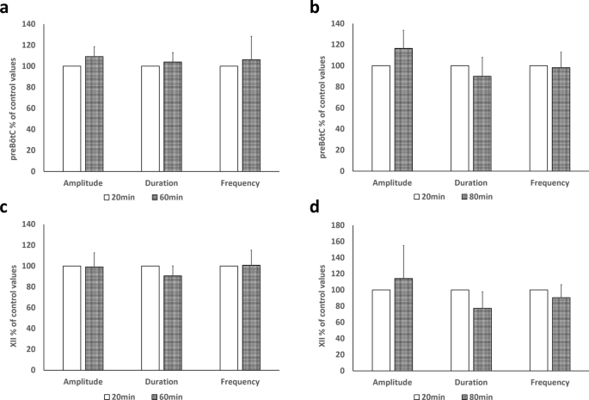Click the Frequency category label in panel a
point(241,182)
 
